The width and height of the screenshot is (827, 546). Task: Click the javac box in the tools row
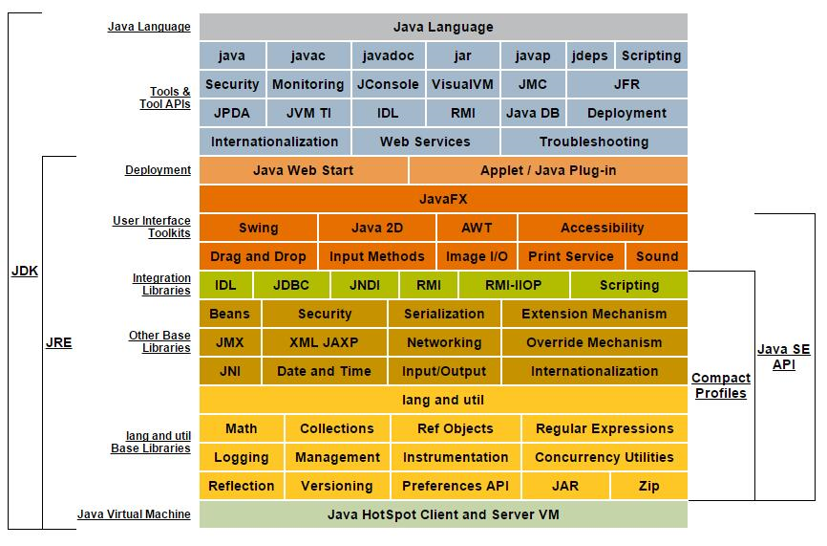coord(307,55)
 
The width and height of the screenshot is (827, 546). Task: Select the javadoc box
coord(388,55)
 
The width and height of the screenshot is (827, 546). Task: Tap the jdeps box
coord(589,55)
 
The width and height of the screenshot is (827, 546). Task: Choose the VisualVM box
coord(462,84)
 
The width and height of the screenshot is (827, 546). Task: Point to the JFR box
coord(626,84)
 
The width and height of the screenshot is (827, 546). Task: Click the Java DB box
coord(533,113)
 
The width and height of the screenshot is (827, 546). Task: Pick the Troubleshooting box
coord(593,142)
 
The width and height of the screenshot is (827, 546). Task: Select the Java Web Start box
coord(303,170)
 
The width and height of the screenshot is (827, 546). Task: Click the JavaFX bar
coord(443,199)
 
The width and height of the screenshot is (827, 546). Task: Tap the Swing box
coord(258,228)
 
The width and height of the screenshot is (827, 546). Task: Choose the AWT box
coord(477,228)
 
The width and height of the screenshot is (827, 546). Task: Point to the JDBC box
coord(290,285)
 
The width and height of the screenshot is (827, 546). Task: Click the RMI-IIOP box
coord(514,285)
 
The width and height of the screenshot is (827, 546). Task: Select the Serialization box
coord(444,314)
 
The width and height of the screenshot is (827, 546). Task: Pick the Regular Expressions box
coord(604,428)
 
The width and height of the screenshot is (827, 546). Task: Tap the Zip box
coord(648,486)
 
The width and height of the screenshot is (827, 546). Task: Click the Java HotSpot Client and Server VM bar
coord(443,514)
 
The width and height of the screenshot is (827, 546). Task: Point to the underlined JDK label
coord(24,271)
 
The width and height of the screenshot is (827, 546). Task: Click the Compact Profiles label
coord(719,385)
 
